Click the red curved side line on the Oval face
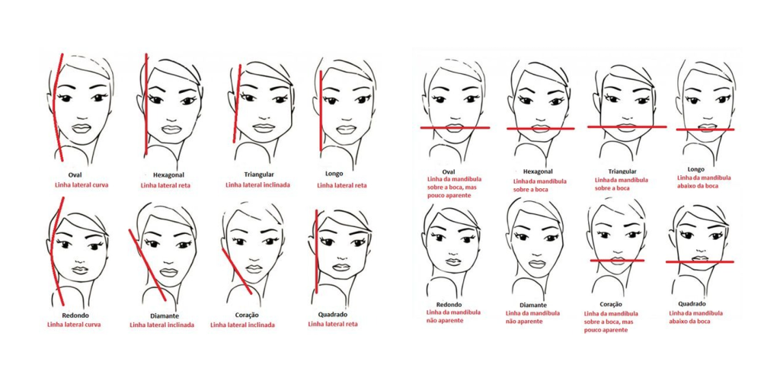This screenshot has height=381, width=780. click(56, 107)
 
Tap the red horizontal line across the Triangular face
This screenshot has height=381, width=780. click(627, 126)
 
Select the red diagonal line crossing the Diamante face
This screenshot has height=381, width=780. click(147, 265)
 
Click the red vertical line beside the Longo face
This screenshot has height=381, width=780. click(321, 110)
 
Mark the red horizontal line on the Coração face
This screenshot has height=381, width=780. click(617, 260)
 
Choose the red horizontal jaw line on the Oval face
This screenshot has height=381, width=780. click(455, 128)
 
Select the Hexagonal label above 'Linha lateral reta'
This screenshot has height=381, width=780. click(164, 175)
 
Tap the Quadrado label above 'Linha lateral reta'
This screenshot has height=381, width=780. click(333, 315)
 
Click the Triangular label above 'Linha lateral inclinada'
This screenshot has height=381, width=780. click(259, 174)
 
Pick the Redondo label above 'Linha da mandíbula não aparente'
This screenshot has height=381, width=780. click(449, 305)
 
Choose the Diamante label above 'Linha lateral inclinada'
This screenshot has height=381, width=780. click(165, 315)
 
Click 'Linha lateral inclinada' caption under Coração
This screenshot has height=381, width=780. click(242, 325)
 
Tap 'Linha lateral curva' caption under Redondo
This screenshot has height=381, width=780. click(74, 325)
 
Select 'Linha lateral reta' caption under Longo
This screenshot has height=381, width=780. click(342, 185)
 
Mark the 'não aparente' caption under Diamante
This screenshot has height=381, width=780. click(523, 322)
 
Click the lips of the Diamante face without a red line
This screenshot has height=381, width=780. click(535, 263)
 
